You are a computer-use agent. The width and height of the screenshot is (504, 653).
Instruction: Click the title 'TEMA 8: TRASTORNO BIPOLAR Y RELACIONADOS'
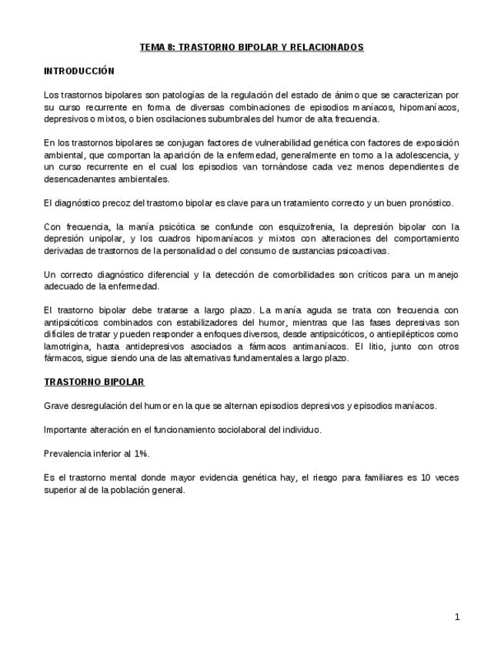tap(252, 48)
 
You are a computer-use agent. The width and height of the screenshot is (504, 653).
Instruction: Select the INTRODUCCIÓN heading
tap(79, 71)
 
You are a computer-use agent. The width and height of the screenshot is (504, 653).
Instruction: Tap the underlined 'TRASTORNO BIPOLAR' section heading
tap(94, 382)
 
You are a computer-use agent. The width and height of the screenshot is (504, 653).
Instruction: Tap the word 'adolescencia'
tap(416, 155)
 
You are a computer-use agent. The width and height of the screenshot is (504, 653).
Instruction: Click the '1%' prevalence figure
tap(141, 454)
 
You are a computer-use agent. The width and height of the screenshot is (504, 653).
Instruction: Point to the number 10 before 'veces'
tap(426, 477)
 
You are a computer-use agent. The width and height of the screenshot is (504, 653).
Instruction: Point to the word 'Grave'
tap(56, 406)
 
